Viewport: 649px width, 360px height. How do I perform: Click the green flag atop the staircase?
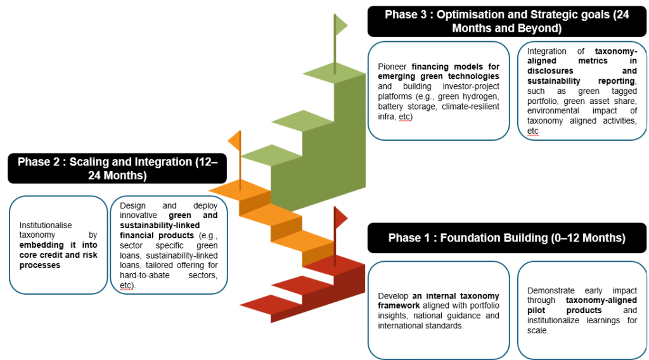pyautogui.click(x=341, y=25)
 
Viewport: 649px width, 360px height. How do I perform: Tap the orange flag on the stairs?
pyautogui.click(x=235, y=141)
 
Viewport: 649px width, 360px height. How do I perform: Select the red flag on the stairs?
pyautogui.click(x=341, y=218)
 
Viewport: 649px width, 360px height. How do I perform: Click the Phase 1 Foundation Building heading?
pyautogui.click(x=506, y=238)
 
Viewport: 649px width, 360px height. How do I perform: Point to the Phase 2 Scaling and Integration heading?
pyautogui.click(x=117, y=168)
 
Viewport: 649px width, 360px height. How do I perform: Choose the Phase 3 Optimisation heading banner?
pyautogui.click(x=506, y=22)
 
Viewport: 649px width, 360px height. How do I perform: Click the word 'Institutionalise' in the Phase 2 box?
pyautogui.click(x=46, y=225)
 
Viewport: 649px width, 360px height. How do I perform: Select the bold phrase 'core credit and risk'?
pyautogui.click(x=58, y=255)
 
